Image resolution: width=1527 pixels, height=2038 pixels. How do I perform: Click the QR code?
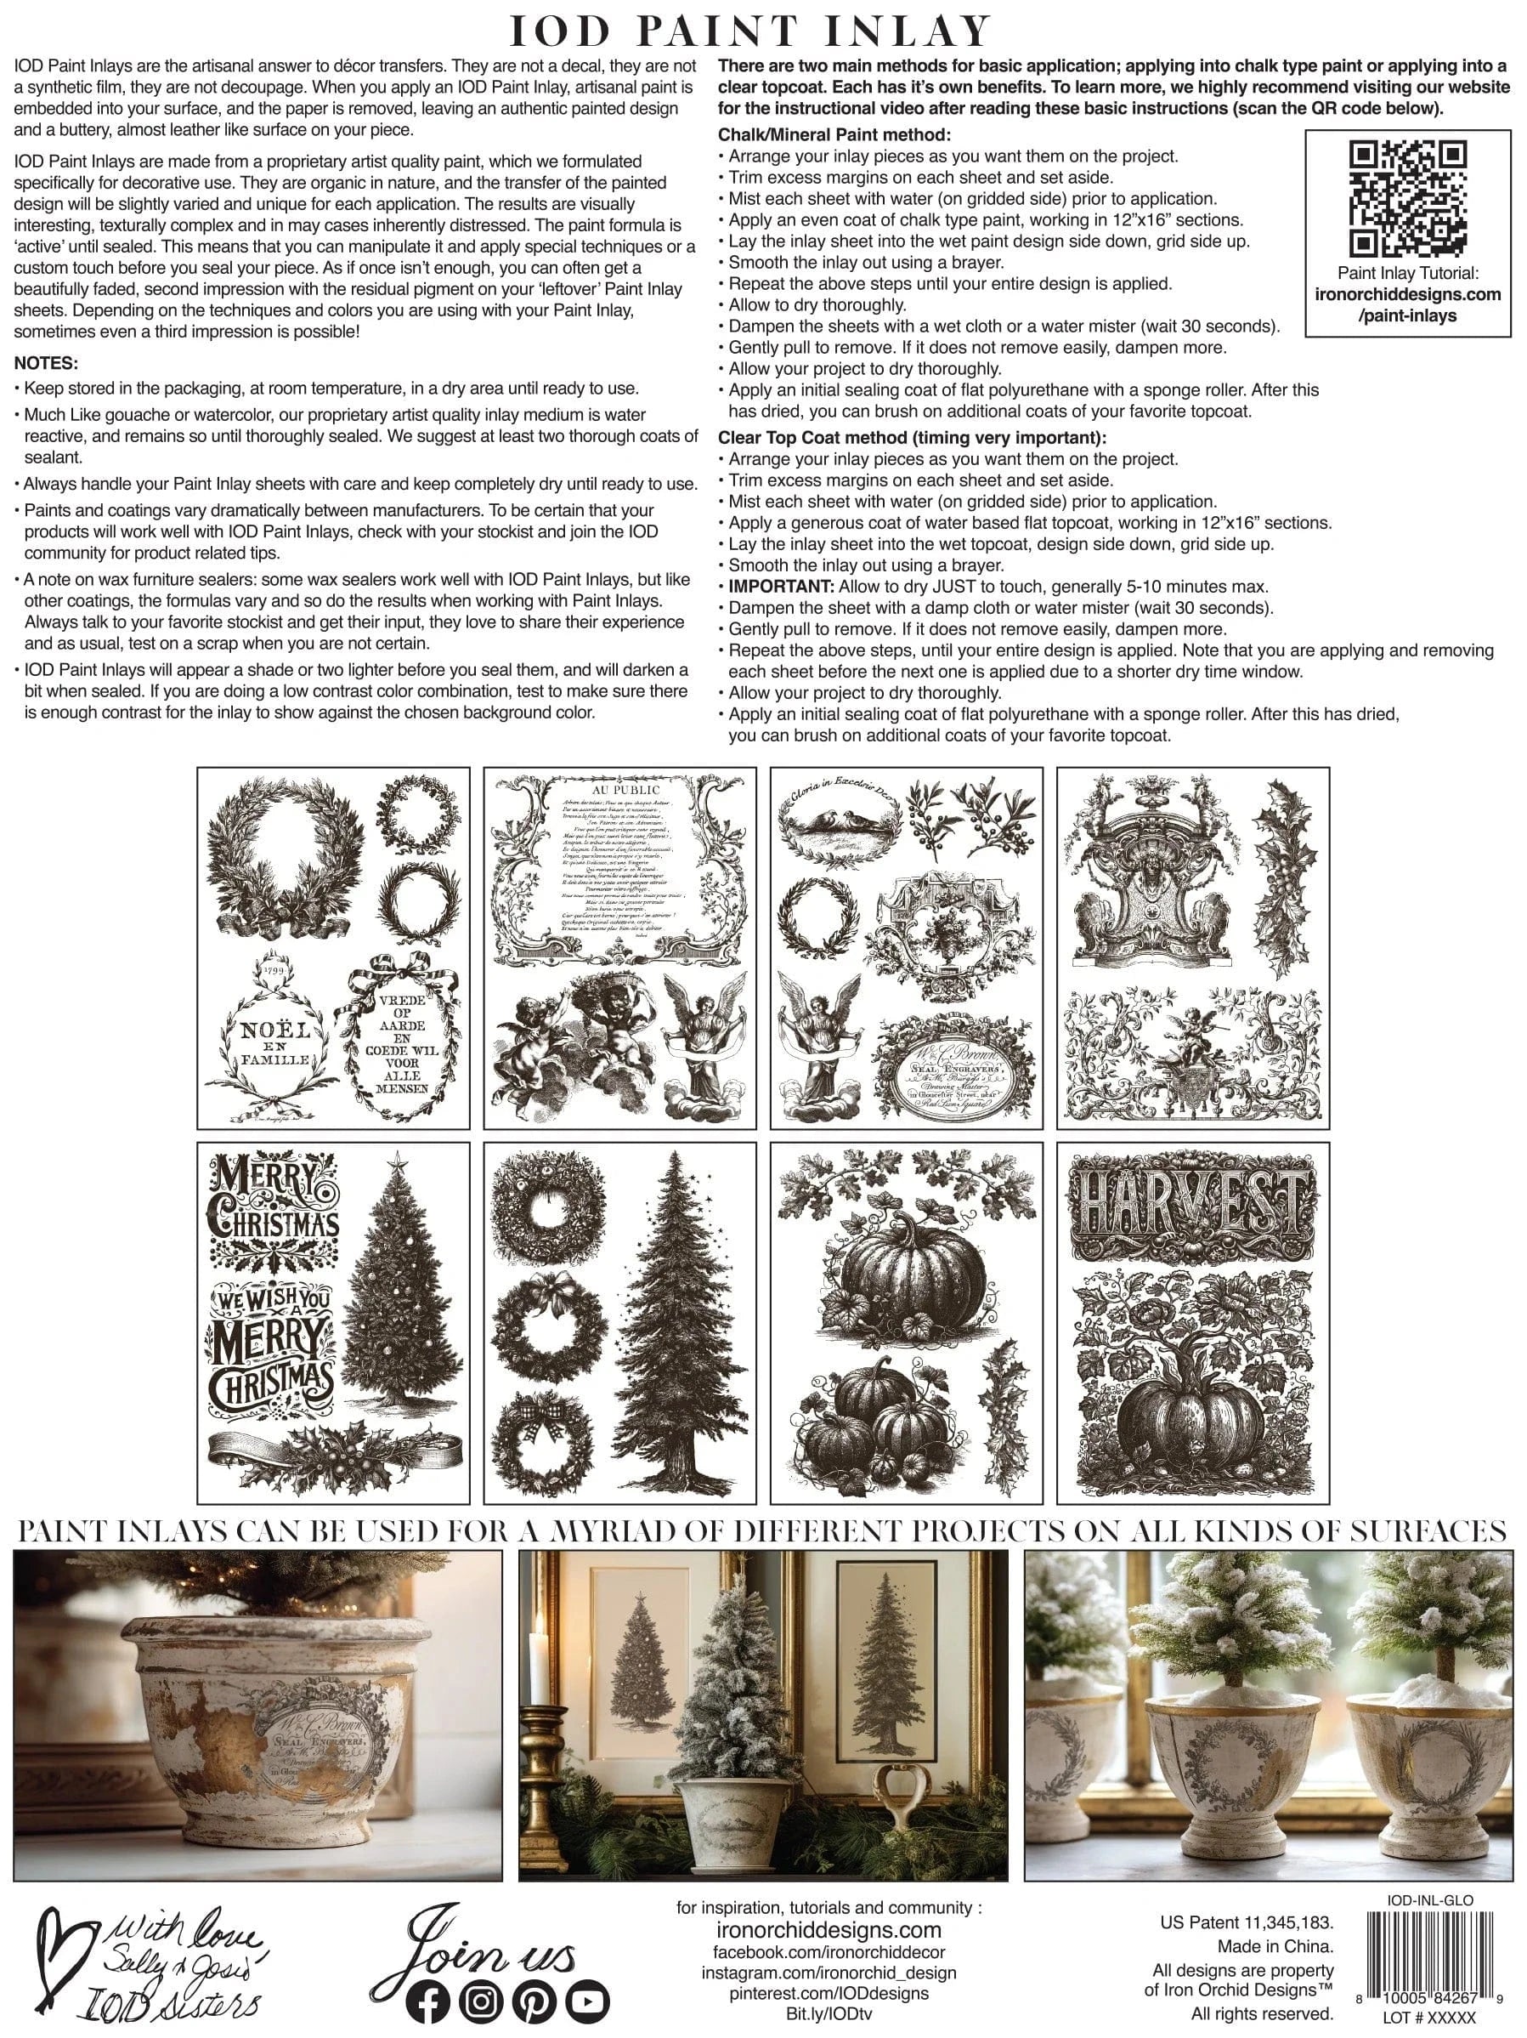[1407, 197]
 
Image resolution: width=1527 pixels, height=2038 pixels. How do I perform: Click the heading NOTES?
[46, 363]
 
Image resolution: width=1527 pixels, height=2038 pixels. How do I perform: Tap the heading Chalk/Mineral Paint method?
[834, 135]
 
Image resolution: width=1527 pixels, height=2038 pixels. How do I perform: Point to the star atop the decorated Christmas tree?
[399, 1163]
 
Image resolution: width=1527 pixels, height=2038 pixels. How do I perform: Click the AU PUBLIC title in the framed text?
[625, 789]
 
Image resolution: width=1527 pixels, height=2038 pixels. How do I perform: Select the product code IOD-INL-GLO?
[1429, 1899]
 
